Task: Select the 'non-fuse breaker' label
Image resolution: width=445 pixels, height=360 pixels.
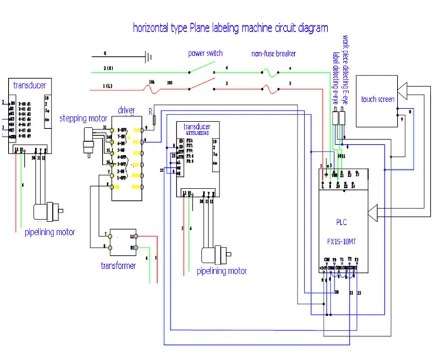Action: tap(273, 53)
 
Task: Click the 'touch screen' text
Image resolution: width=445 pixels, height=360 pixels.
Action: tap(378, 99)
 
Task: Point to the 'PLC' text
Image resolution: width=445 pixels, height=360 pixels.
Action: tap(341, 222)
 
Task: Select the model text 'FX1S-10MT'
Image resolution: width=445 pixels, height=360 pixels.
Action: tap(342, 241)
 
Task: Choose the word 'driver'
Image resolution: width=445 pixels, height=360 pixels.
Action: tap(126, 110)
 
